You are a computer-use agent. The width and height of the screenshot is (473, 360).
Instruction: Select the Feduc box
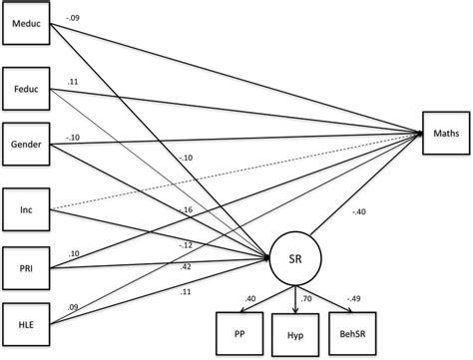point(25,89)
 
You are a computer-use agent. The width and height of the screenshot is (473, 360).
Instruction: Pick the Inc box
point(25,207)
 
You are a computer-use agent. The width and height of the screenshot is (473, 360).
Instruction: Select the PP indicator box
point(239,332)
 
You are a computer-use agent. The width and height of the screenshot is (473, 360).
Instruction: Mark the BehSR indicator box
point(358,332)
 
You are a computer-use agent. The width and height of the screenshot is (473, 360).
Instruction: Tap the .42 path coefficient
point(184,266)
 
